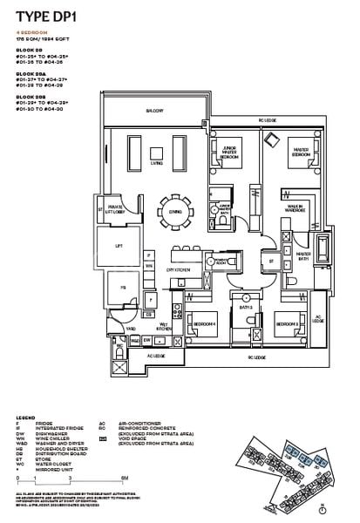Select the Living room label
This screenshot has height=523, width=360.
tap(157, 162)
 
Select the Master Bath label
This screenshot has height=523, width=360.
tap(302, 255)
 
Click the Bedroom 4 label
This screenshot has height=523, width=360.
tap(203, 323)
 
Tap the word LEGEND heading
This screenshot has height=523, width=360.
tap(24, 418)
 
